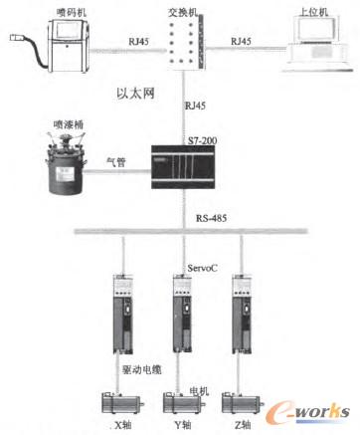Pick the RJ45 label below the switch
tap(195, 103)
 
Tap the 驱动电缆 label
tap(138, 371)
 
